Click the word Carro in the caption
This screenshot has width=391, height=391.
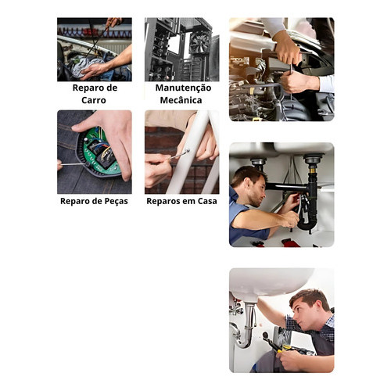(94, 100)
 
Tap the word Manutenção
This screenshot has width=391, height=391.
(183, 88)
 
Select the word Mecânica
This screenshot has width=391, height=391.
(181, 100)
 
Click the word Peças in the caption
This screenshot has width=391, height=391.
(117, 201)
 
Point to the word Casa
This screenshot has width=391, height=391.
(207, 201)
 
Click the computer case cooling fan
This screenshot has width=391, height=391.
(199, 42)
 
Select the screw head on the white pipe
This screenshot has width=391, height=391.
(187, 150)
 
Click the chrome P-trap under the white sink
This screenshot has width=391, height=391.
(244, 328)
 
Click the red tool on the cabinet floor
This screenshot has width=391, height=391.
(290, 242)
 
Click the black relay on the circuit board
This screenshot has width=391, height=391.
(106, 158)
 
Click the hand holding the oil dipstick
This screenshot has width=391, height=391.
(114, 22)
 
